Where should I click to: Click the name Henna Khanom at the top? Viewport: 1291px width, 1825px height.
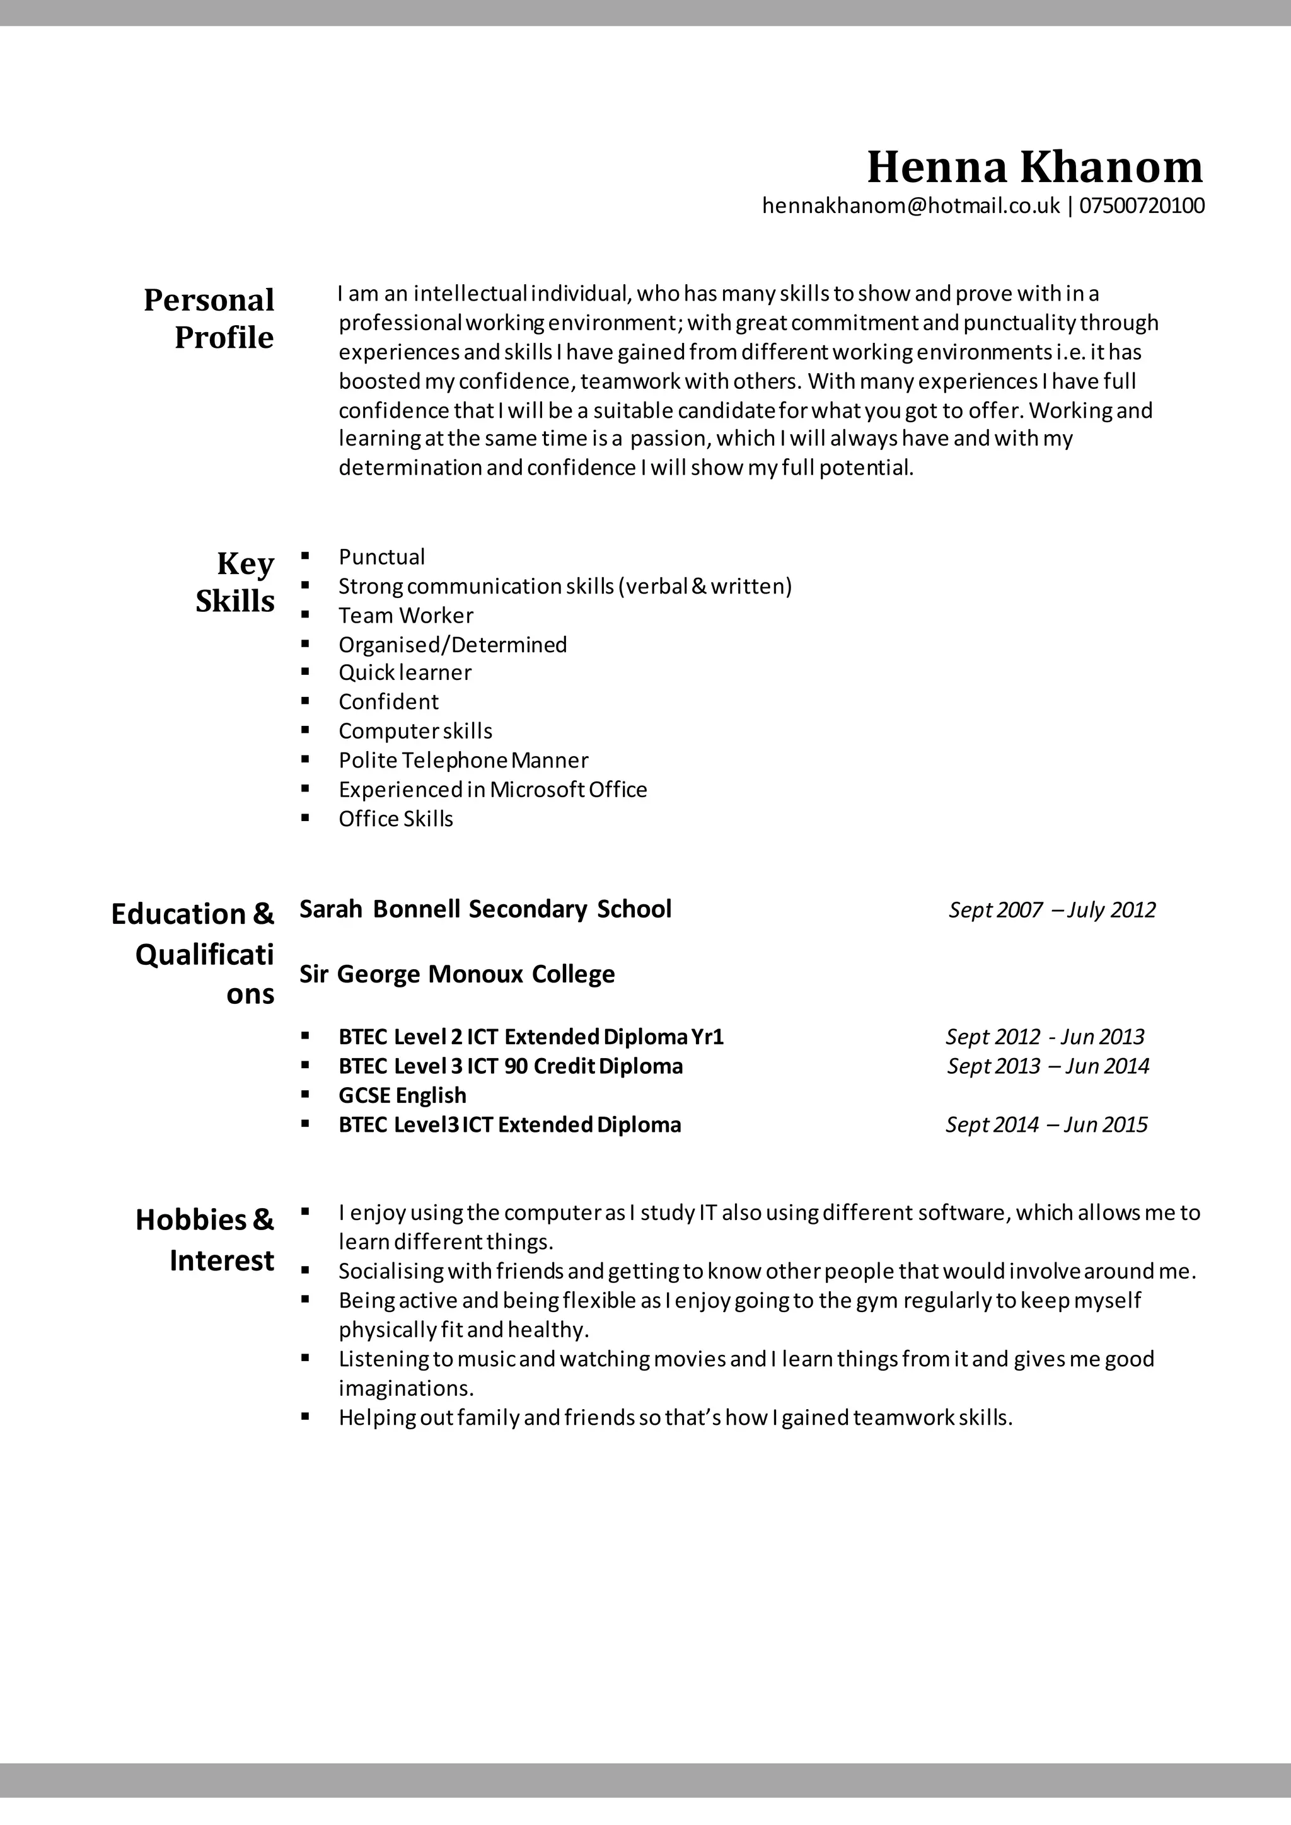[x=1034, y=167]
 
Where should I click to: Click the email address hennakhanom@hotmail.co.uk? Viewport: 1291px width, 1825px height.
[x=911, y=206]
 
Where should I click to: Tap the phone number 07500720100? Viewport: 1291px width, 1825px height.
[x=1142, y=206]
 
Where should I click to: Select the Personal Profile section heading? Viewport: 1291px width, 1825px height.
[x=209, y=318]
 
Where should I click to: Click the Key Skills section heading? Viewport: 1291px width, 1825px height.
[x=235, y=582]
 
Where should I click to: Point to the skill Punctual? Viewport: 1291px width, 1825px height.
[x=381, y=556]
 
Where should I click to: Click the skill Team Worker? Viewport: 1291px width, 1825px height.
[x=405, y=615]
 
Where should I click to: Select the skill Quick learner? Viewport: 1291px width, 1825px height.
[x=405, y=672]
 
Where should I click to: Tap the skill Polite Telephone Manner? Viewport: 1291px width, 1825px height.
[x=463, y=760]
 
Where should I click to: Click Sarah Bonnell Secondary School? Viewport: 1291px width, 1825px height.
[x=485, y=909]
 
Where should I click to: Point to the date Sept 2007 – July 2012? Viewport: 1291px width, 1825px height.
[x=1051, y=909]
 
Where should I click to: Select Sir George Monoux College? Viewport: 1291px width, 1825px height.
[x=457, y=974]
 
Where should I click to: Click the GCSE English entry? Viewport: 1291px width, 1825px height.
[x=402, y=1095]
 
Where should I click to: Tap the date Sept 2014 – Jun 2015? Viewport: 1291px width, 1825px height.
[x=1046, y=1125]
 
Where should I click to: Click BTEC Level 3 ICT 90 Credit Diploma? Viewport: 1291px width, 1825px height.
[x=511, y=1066]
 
